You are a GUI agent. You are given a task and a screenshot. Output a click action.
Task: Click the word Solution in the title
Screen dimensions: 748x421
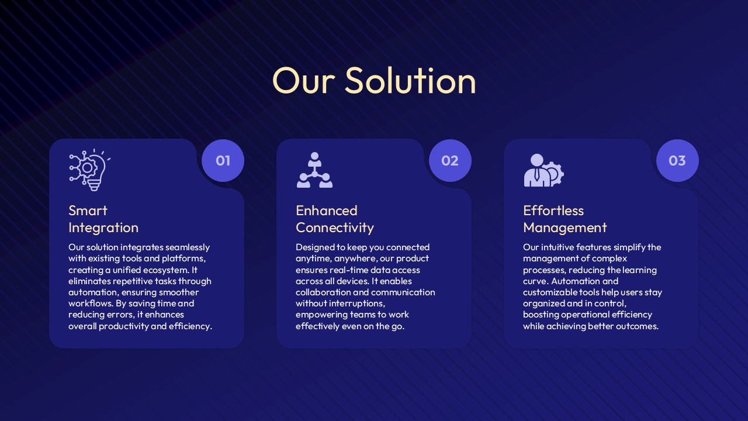click(x=410, y=81)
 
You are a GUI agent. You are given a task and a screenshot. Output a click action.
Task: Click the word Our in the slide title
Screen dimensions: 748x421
click(x=303, y=81)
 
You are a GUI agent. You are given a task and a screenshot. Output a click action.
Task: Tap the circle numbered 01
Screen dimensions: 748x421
click(x=223, y=161)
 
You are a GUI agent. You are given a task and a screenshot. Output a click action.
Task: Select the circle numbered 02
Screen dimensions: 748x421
click(x=450, y=161)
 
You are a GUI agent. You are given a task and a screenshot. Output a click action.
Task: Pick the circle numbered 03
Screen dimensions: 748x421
click(x=677, y=161)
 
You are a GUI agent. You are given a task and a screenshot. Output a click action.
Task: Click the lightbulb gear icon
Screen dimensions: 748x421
click(x=90, y=170)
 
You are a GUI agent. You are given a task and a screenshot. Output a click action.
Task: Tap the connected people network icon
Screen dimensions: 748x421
click(x=314, y=170)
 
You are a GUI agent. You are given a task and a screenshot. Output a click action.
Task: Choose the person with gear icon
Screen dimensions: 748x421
click(x=543, y=170)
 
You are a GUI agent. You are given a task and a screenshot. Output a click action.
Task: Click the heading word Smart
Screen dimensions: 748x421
click(x=88, y=211)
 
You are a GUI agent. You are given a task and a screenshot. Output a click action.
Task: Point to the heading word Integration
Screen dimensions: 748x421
click(x=103, y=228)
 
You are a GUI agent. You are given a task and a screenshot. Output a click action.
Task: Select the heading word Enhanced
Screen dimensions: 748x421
click(x=327, y=211)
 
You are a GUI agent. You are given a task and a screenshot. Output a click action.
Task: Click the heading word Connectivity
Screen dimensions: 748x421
click(x=335, y=228)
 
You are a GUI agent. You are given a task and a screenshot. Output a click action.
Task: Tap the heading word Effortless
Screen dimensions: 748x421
click(x=553, y=211)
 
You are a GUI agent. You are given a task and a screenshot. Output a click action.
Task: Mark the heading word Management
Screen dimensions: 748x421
click(x=565, y=228)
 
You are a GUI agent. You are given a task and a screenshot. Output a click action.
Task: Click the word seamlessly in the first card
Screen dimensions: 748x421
click(x=188, y=247)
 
